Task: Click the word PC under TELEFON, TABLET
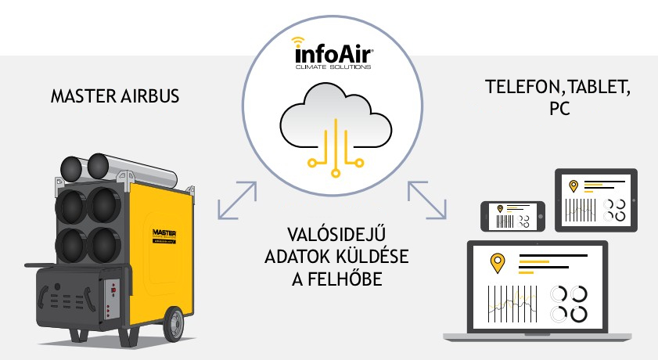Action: click(559, 109)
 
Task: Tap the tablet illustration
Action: click(596, 200)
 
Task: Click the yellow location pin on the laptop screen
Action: click(496, 264)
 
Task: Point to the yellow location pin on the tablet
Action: click(574, 186)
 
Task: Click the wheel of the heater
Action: click(175, 322)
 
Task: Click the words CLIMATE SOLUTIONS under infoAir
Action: click(334, 68)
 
